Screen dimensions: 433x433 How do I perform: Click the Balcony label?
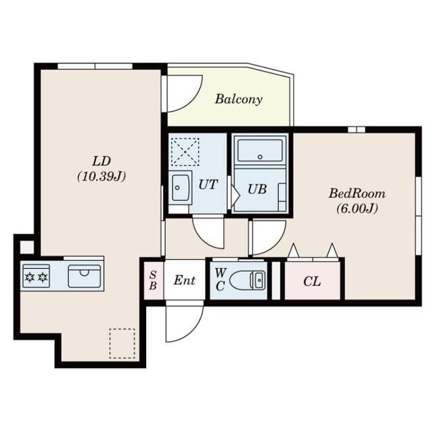239,99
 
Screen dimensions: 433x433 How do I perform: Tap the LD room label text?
101,161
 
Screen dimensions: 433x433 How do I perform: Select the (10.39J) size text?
101,176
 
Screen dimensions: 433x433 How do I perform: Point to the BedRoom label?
357,193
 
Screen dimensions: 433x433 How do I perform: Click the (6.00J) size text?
357,208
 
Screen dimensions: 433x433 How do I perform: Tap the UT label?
208,185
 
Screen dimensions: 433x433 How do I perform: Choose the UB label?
257,189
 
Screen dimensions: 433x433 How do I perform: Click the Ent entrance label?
185,280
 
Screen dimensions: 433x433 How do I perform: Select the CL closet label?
312,281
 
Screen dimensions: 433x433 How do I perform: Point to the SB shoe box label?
153,280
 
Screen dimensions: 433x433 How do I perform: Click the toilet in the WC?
248,280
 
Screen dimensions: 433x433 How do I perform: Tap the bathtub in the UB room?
260,150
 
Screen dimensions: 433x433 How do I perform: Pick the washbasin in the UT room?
181,187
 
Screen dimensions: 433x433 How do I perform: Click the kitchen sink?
85,276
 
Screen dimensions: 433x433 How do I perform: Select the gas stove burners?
36,276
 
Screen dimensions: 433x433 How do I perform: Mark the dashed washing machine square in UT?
185,152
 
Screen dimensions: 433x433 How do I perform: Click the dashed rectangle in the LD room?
122,344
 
